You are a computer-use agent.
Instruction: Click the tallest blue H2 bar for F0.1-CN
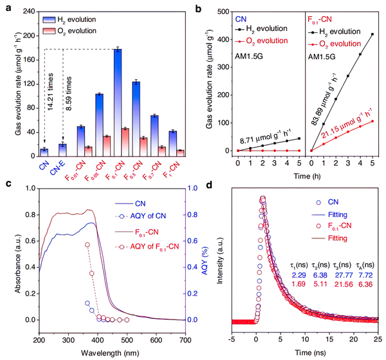point(118,103)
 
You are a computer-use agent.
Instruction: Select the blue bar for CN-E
point(63,150)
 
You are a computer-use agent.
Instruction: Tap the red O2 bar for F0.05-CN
point(107,146)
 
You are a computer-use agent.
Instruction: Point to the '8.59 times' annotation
point(68,93)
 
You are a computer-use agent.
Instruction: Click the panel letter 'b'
point(198,8)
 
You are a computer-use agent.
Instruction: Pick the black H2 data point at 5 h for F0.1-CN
point(372,34)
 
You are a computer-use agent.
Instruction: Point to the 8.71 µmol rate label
point(265,137)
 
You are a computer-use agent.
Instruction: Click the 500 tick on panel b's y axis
point(223,12)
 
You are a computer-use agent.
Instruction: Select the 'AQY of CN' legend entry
point(140,216)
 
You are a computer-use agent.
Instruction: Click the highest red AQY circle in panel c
point(87,245)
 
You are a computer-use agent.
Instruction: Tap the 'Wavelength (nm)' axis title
point(110,353)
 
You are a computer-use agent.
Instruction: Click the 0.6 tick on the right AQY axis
point(192,241)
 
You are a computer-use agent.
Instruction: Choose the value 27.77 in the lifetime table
point(344,275)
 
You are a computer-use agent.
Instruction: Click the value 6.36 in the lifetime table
point(365,285)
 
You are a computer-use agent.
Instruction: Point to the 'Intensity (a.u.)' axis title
point(220,261)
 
